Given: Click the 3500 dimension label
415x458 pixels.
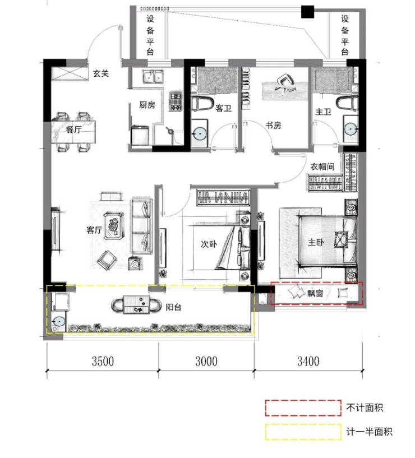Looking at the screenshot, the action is [103, 362].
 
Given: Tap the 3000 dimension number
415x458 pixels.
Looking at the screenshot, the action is [206, 362].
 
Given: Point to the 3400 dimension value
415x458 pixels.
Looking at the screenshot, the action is [308, 362].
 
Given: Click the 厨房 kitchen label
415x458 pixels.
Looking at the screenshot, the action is [147, 105].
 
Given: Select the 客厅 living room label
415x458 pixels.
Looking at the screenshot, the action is [94, 230].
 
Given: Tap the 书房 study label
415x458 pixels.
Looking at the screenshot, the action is [273, 126].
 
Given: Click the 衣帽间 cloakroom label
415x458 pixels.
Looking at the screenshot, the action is [322, 166].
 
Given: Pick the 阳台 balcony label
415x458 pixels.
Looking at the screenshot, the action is [174, 307].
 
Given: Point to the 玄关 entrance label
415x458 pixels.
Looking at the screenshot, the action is [101, 73].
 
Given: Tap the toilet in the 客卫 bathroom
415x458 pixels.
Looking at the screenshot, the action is [202, 103].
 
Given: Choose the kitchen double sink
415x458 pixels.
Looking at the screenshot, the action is [153, 77].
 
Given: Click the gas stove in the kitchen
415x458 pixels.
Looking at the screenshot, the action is [176, 101].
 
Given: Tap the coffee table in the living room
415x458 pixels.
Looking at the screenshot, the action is [113, 226].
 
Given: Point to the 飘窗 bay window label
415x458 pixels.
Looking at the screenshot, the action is [315, 293].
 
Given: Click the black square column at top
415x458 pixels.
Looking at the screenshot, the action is [307, 12].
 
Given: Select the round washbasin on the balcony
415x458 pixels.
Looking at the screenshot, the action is [59, 321].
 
